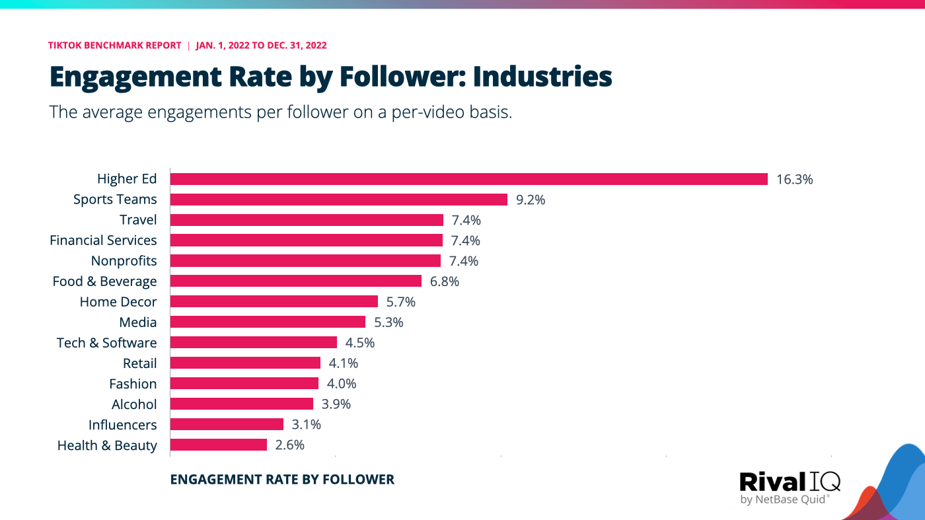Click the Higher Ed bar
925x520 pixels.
468,179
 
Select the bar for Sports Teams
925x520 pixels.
338,200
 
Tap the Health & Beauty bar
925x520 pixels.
218,445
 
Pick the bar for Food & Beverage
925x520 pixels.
295,281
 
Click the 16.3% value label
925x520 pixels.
794,179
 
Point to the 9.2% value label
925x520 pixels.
531,200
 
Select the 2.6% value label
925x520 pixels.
289,445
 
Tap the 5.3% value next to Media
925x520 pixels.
388,322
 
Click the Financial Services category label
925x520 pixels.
103,241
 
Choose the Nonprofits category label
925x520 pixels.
124,261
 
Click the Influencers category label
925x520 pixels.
122,425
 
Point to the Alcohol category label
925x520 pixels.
134,404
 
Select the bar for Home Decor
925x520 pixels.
274,302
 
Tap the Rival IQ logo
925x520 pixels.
790,487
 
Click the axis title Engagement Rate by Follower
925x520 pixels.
282,480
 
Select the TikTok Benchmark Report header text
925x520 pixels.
114,46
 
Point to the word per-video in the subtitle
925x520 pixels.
430,112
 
